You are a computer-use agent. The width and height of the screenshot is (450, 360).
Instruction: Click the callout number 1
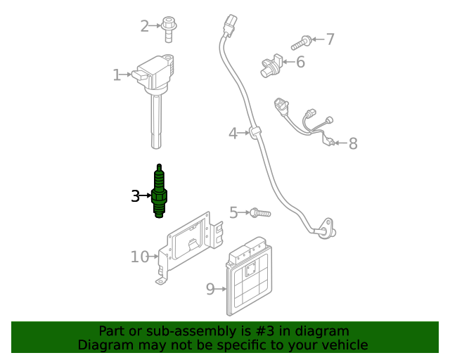point(117,75)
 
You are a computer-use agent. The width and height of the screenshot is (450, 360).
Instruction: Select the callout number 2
point(145,27)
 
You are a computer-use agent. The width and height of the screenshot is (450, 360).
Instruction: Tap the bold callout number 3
point(135,196)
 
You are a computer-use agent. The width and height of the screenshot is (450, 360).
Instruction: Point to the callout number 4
point(233,133)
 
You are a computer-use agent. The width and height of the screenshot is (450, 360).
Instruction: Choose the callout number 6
point(300,63)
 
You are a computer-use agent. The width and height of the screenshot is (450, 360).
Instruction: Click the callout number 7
point(330,39)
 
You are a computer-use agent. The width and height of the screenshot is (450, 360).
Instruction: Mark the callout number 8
point(353,144)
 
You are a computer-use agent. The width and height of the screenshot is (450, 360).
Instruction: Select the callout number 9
point(210,288)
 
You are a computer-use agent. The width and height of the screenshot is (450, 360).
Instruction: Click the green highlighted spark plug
point(160,192)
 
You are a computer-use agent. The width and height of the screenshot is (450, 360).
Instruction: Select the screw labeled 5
point(259,212)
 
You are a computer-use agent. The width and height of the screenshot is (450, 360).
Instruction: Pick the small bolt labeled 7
point(307,40)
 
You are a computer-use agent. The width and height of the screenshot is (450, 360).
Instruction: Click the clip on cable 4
point(254,131)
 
